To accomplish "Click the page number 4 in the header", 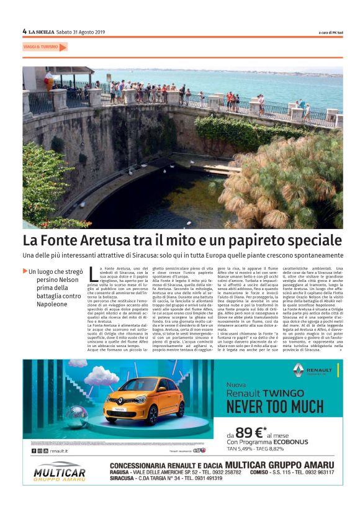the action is point(24,31).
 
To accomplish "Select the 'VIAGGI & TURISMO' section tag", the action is point(41,47).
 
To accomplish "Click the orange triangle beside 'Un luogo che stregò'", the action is point(25,271).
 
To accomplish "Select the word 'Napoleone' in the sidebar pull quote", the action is point(47,304).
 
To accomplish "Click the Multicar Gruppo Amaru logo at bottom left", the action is point(60,472).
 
